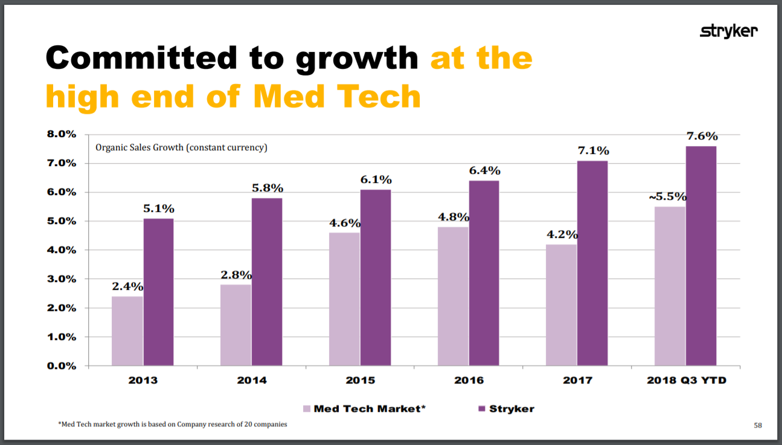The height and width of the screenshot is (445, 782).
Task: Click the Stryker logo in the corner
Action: (728, 31)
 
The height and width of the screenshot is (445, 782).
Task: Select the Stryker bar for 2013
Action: (158, 292)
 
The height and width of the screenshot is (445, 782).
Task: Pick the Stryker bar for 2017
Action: (592, 263)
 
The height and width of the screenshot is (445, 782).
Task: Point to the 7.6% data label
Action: (702, 136)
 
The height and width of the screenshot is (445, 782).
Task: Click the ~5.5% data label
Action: (667, 197)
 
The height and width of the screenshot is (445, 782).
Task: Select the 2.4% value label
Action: (127, 286)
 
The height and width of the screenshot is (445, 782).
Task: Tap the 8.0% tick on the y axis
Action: (62, 134)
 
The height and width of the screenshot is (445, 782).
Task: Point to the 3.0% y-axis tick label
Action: (62, 279)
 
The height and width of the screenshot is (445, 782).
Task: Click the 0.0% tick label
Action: (62, 366)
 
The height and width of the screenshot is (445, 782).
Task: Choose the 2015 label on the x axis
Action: (360, 380)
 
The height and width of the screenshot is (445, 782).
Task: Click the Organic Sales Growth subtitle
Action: (181, 147)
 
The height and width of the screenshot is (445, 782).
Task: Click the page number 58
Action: (758, 426)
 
